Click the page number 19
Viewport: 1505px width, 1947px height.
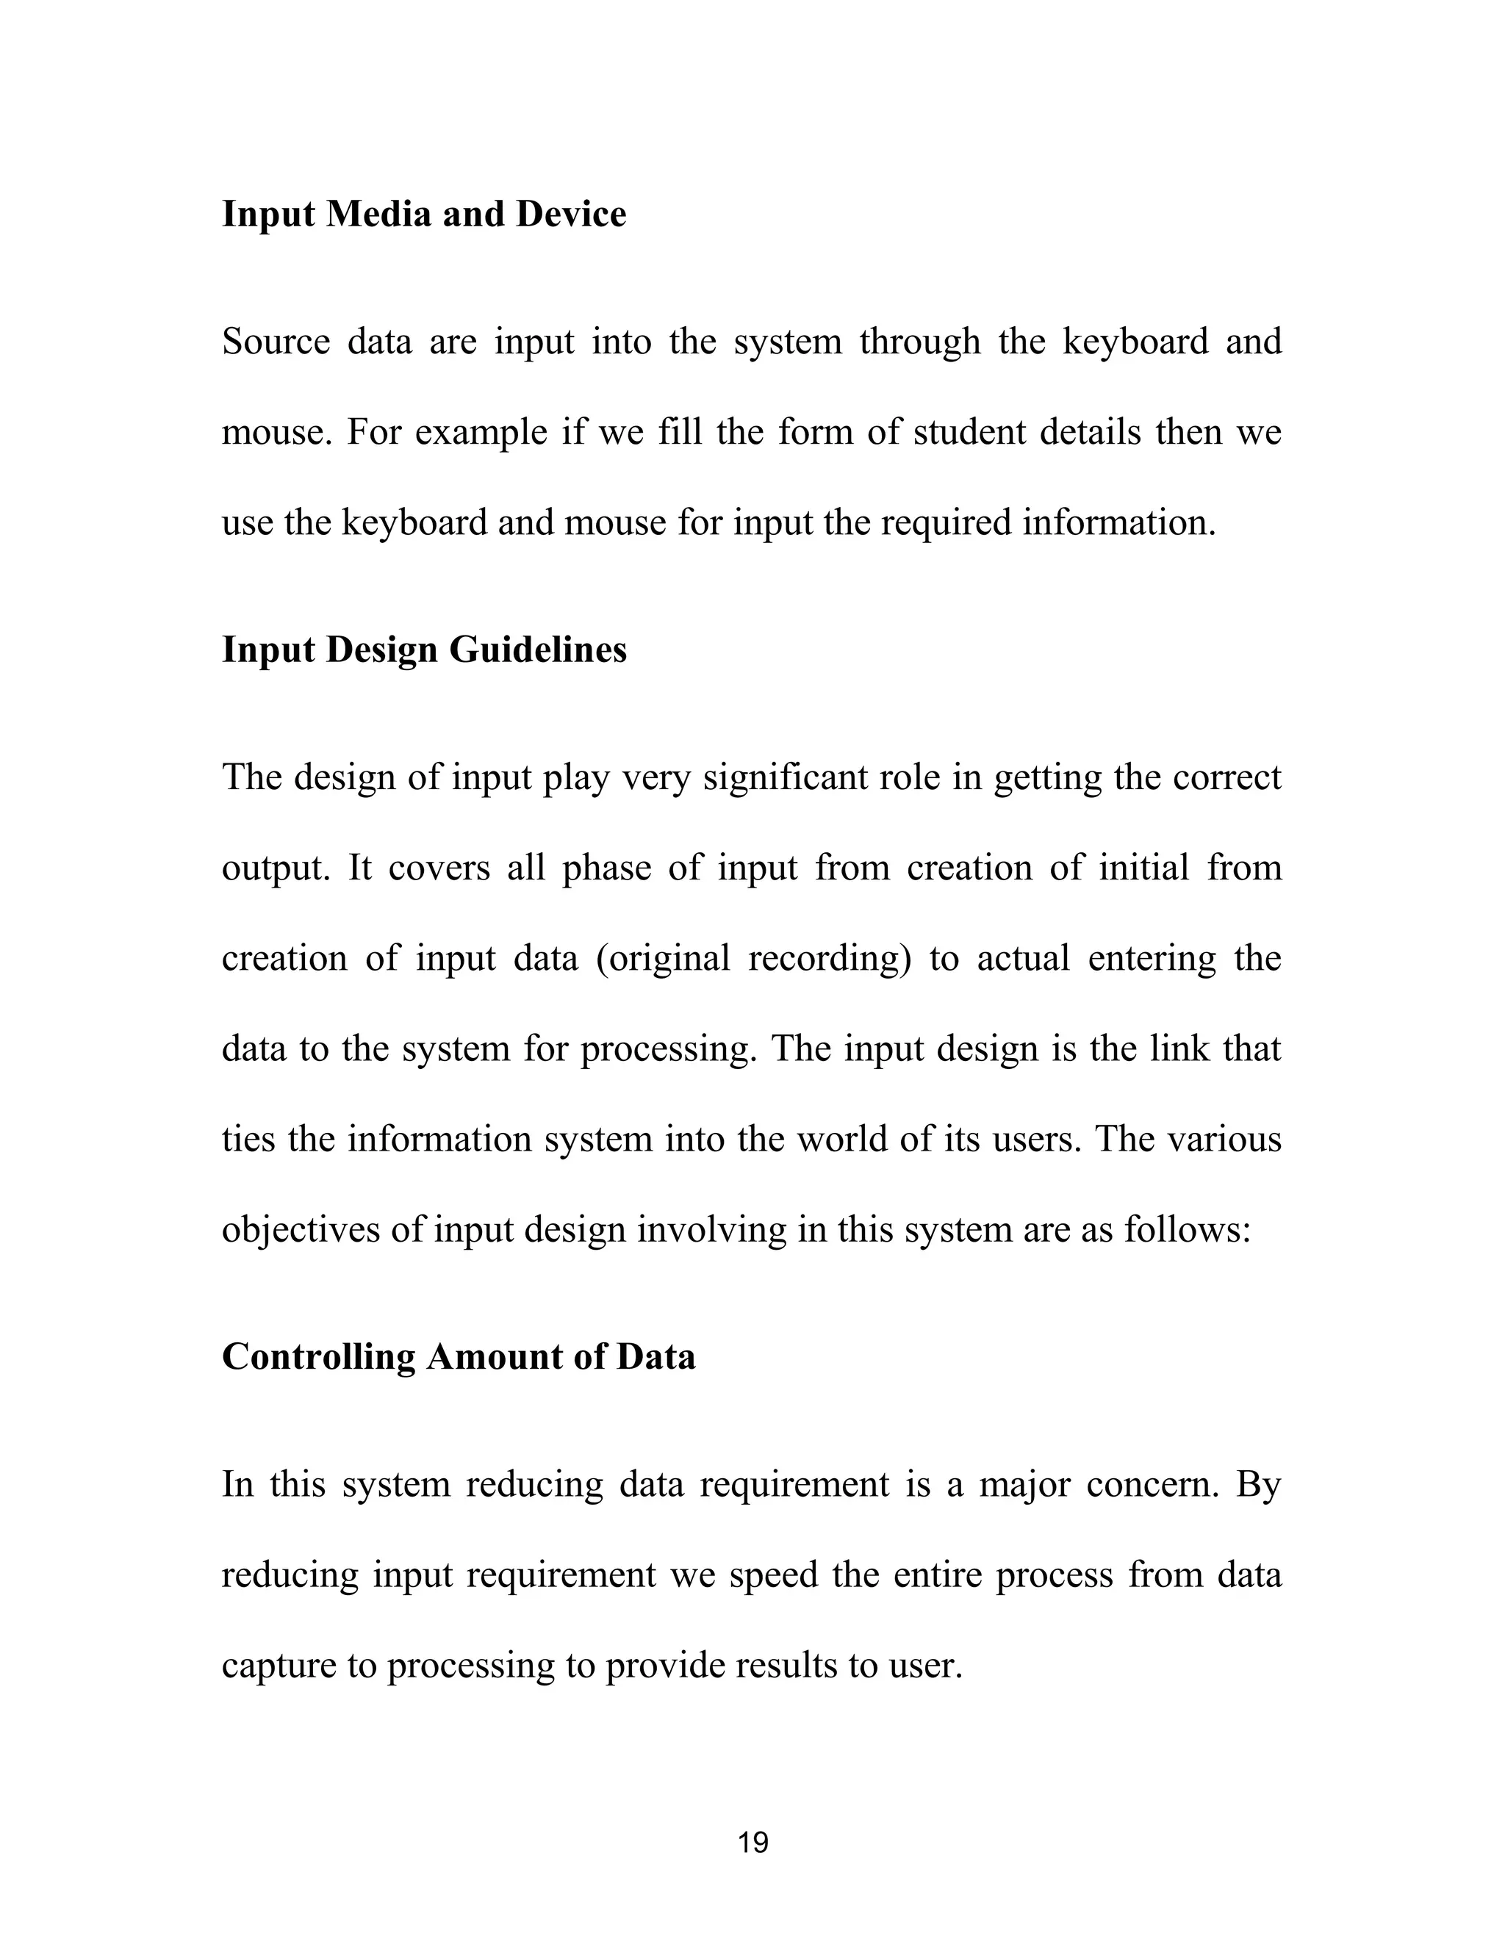(x=752, y=1842)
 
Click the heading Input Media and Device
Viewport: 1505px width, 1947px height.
(x=423, y=215)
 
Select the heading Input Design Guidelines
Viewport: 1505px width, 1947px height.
(x=423, y=650)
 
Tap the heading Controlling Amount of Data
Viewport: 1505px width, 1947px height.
(x=459, y=1357)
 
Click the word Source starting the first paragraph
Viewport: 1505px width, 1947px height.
(x=276, y=342)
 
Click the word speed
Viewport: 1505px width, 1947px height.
(x=773, y=1576)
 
